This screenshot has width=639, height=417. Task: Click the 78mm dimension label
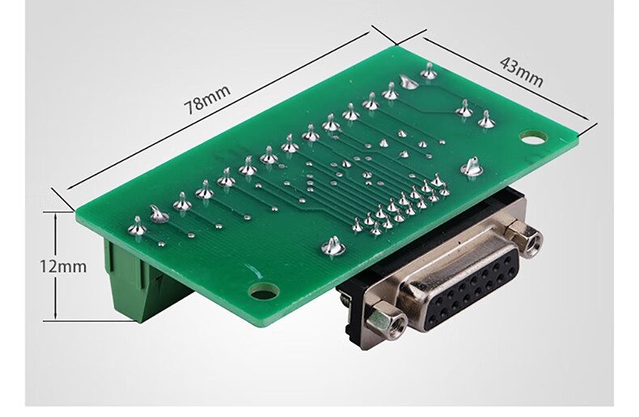coord(207,99)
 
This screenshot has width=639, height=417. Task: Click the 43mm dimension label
coord(521,72)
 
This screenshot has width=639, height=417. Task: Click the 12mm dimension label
coord(63,267)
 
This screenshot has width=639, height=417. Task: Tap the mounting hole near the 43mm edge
coord(534,138)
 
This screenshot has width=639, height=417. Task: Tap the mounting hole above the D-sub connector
coord(264,291)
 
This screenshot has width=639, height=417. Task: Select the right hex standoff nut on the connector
coord(524,238)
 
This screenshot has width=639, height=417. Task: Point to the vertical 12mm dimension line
coord(56,266)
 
